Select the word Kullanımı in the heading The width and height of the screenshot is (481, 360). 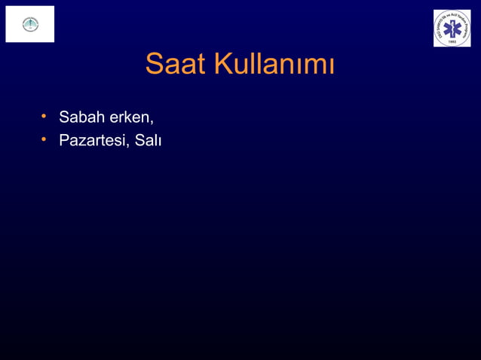pyautogui.click(x=274, y=65)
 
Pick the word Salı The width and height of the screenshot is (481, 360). pyautogui.click(x=148, y=140)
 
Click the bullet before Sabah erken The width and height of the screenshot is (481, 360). pyautogui.click(x=45, y=117)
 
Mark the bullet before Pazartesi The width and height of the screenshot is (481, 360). pyautogui.click(x=45, y=139)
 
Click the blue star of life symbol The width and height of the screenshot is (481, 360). pyautogui.click(x=452, y=29)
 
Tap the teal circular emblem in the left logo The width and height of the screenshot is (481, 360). pyautogui.click(x=29, y=23)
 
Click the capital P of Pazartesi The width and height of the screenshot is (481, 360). pyautogui.click(x=63, y=140)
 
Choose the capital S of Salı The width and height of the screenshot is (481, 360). pyautogui.click(x=139, y=140)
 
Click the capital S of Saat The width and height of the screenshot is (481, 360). pyautogui.click(x=154, y=65)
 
